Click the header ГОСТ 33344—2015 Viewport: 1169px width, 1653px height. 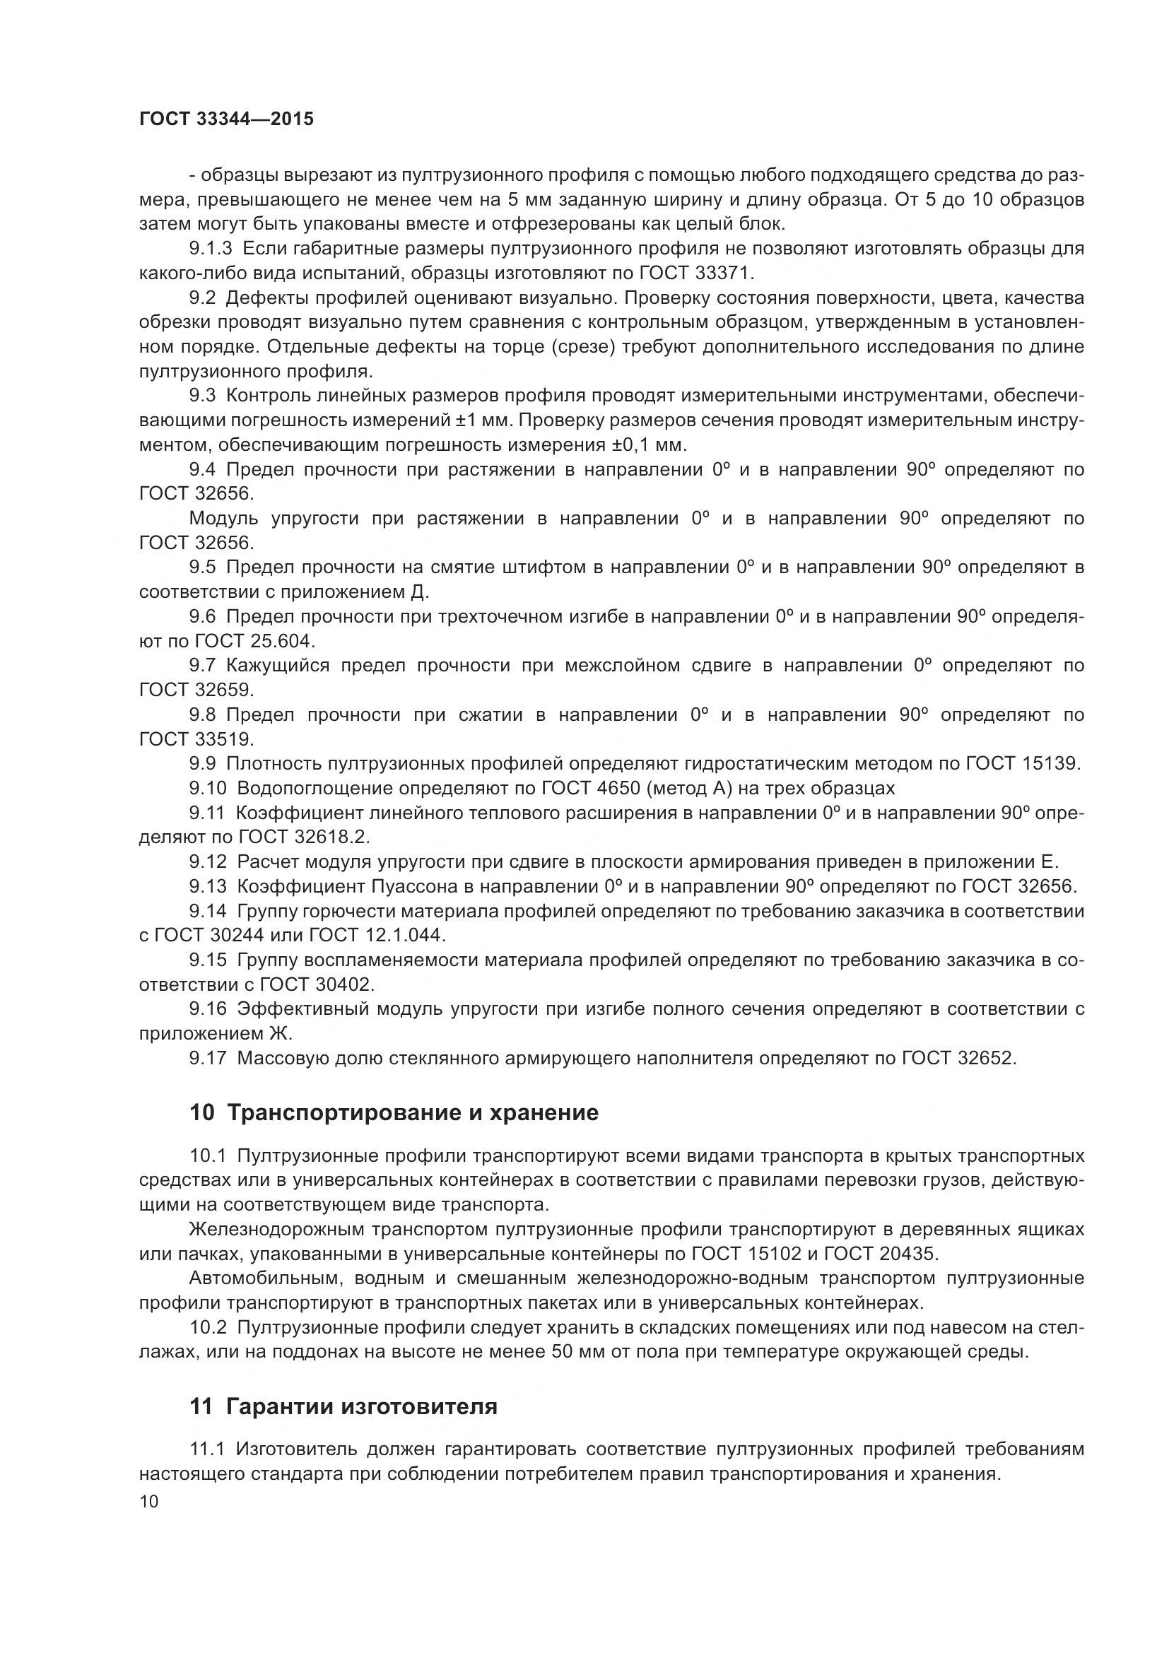tap(226, 119)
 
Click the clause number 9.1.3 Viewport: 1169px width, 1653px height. tap(211, 249)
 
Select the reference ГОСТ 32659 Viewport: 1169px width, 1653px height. tap(196, 690)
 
